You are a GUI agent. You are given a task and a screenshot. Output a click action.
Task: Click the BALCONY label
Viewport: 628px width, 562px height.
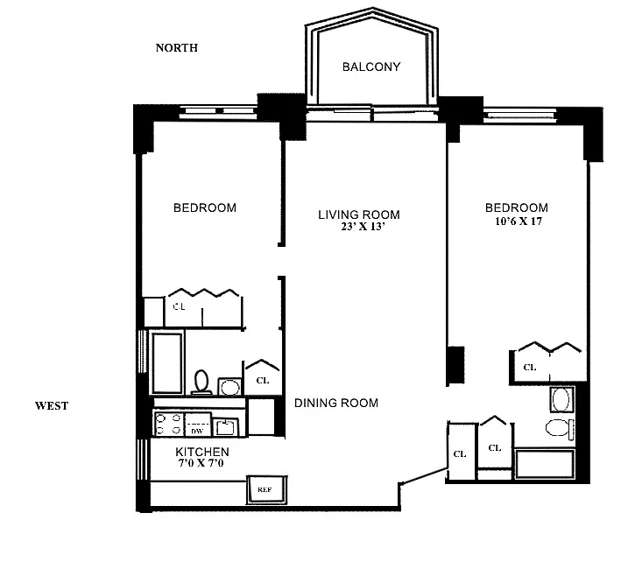coord(371,67)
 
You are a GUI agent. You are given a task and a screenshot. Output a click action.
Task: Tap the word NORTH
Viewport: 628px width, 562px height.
coord(177,47)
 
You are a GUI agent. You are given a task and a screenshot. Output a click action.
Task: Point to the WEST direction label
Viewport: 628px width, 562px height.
coord(52,405)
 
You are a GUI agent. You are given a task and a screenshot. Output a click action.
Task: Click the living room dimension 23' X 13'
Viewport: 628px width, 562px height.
coord(363,227)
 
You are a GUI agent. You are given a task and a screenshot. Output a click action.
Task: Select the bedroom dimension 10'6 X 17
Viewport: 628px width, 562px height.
coord(519,221)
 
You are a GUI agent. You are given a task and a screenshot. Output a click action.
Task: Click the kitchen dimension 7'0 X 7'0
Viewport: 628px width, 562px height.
coord(201,463)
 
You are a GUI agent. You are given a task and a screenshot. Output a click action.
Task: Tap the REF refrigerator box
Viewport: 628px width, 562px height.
coord(267,489)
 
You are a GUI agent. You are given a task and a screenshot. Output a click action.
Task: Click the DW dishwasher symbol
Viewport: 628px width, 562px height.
coord(197,425)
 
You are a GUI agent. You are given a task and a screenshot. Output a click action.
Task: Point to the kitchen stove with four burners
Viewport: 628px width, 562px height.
coord(168,424)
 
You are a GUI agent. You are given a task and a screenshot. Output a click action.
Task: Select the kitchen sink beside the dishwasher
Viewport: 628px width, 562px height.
coord(225,426)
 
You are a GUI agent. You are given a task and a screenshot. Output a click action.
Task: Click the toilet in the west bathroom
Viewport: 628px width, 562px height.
coord(201,382)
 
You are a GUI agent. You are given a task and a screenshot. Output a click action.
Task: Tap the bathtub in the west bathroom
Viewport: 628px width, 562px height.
coord(167,362)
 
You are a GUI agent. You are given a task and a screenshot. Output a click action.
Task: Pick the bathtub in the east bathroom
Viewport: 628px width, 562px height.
coord(545,464)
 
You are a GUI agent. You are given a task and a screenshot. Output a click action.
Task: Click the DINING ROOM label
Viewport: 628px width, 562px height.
coord(336,403)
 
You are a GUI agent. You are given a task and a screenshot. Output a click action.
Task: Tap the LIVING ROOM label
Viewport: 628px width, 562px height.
coord(359,214)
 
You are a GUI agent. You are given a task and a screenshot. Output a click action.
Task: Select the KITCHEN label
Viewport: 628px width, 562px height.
coord(202,452)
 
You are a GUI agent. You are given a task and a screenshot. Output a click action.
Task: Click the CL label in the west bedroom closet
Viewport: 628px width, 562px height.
coord(179,306)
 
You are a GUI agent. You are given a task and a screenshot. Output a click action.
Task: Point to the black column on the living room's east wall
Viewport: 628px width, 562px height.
coord(455,365)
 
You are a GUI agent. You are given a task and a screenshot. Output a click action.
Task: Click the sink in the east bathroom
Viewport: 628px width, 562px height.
coord(561,399)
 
